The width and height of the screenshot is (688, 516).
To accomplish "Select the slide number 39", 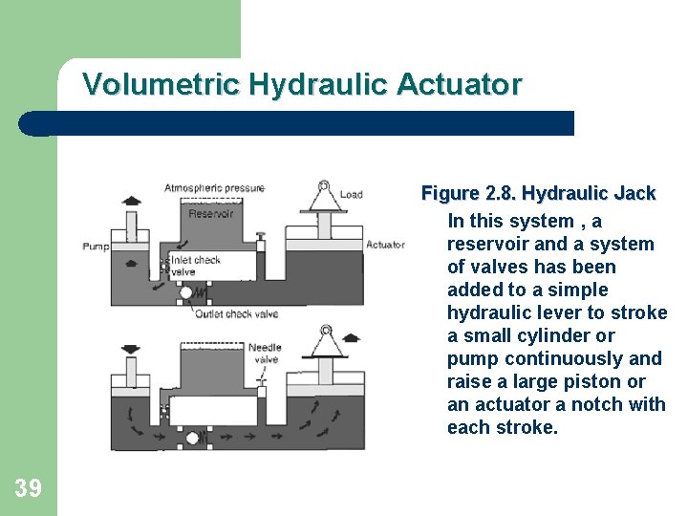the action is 29,489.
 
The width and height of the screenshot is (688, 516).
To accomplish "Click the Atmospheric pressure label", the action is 214,188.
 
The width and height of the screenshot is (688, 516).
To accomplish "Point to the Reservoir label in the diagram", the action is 210,214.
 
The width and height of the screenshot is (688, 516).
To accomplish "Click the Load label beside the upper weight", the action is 351,194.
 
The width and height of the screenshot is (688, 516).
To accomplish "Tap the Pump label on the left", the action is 96,247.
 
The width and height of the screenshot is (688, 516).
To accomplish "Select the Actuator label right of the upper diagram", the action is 386,245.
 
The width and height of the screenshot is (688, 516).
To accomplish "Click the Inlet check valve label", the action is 195,266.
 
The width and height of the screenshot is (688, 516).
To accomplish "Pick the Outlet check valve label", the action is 236,314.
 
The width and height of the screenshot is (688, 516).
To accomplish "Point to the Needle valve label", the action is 264,354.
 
